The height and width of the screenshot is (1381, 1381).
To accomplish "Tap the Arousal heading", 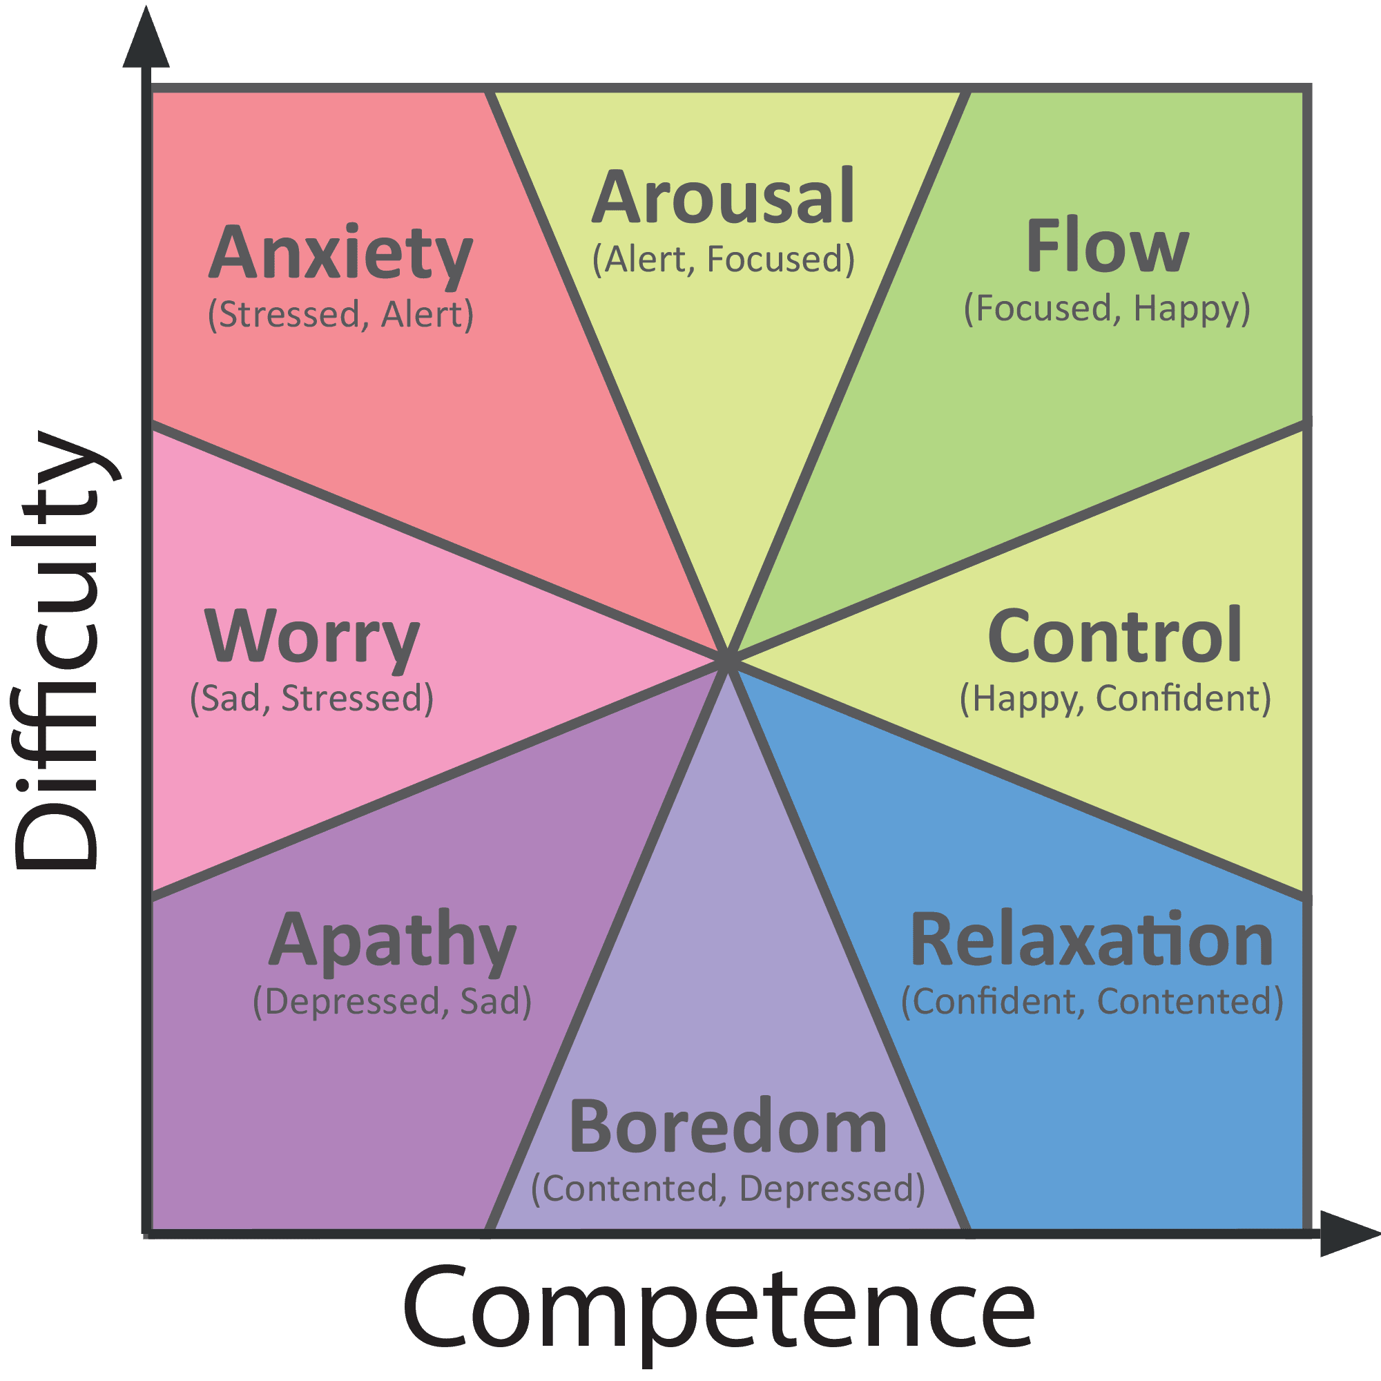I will point(723,197).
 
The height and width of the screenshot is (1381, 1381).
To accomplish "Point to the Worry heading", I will point(312,637).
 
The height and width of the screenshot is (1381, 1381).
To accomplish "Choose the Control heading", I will point(1114,635).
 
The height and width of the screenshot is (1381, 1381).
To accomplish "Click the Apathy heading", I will point(392,940).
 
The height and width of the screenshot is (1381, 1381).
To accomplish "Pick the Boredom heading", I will point(728,1128).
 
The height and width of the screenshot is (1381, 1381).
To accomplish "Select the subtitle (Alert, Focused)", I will point(723,259).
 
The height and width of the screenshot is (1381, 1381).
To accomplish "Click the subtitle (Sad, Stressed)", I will point(311,698).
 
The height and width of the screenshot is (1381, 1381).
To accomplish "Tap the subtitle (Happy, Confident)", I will point(1114,698).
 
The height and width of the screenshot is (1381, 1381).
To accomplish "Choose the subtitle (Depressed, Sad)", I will point(392,1001).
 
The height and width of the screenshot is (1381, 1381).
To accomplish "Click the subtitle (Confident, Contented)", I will point(1092,1001).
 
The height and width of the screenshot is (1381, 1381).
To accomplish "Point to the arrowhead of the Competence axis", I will point(1347,1234).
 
